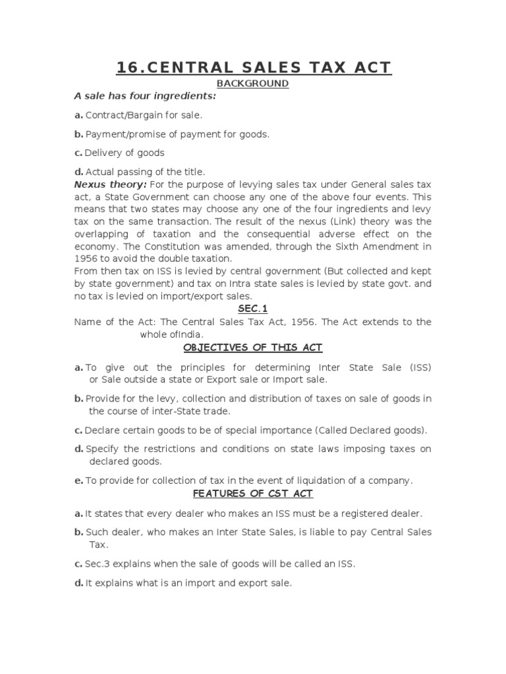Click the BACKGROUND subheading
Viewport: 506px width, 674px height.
[x=253, y=84]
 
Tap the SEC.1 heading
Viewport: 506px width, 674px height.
[x=253, y=308]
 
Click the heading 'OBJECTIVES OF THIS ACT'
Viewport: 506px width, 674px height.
[x=253, y=348]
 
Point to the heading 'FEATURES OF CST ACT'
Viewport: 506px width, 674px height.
[x=253, y=493]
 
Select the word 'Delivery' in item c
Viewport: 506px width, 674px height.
[x=103, y=153]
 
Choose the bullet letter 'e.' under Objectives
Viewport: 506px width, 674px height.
[x=78, y=480]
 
